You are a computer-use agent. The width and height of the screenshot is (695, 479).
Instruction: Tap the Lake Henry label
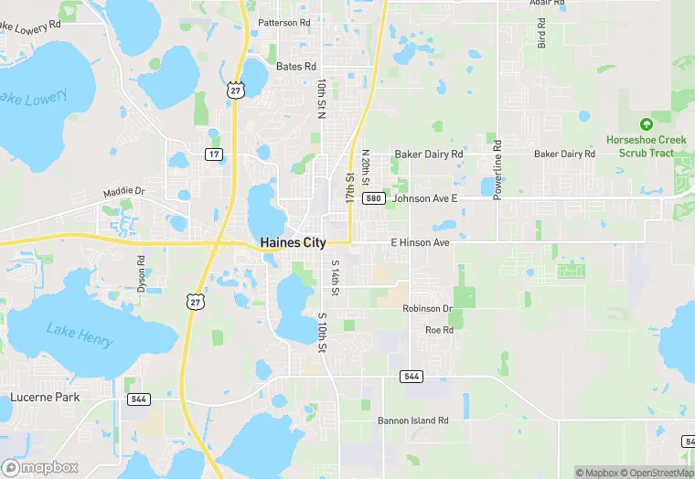click(x=80, y=335)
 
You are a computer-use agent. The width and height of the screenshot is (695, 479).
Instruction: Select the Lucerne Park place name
click(x=45, y=397)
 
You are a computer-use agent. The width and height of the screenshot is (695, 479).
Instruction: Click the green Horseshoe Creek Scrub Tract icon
click(x=647, y=123)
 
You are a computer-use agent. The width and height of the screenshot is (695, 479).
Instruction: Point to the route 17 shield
click(x=213, y=154)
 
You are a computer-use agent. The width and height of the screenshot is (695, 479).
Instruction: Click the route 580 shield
click(x=372, y=197)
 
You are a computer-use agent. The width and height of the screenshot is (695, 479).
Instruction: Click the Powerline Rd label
click(x=497, y=170)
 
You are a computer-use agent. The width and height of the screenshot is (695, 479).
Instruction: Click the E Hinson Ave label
click(x=420, y=243)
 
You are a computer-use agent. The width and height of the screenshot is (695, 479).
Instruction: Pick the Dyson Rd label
click(x=141, y=273)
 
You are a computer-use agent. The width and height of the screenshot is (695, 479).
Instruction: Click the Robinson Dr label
click(x=427, y=309)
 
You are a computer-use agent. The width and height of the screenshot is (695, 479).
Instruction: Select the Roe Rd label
click(x=439, y=329)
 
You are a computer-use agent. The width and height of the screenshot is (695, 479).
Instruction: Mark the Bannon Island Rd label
click(x=413, y=420)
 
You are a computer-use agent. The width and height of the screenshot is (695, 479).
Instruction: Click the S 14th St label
click(x=335, y=279)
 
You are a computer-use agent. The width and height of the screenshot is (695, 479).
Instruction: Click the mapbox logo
click(x=41, y=467)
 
